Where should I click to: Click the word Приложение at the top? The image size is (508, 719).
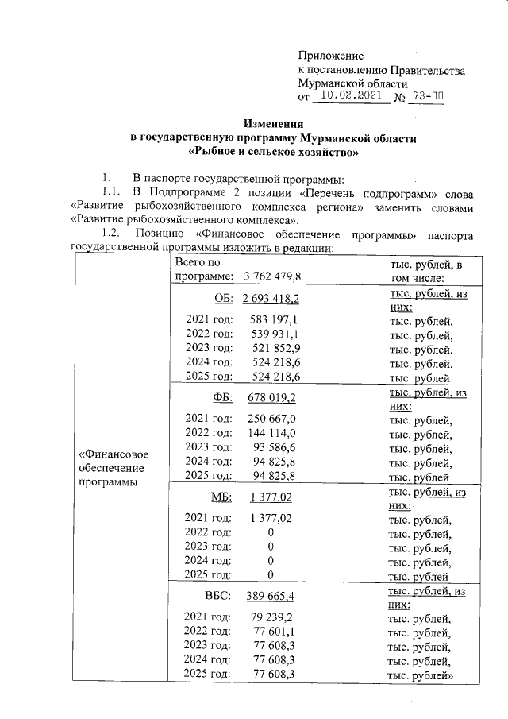point(330,56)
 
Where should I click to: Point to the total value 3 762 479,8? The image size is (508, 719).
point(272,276)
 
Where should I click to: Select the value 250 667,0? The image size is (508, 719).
point(272,419)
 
